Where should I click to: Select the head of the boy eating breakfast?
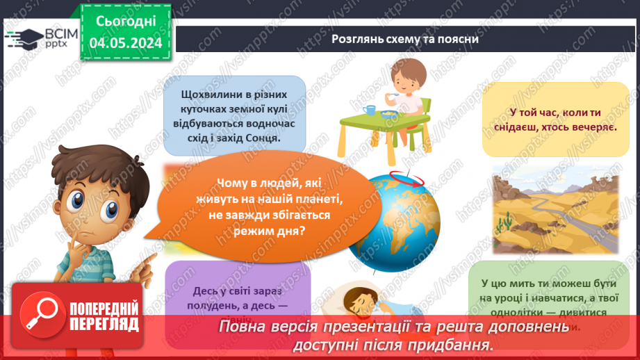click(400, 76)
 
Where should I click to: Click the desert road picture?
click(555, 209)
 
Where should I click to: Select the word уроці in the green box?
click(513, 297)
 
